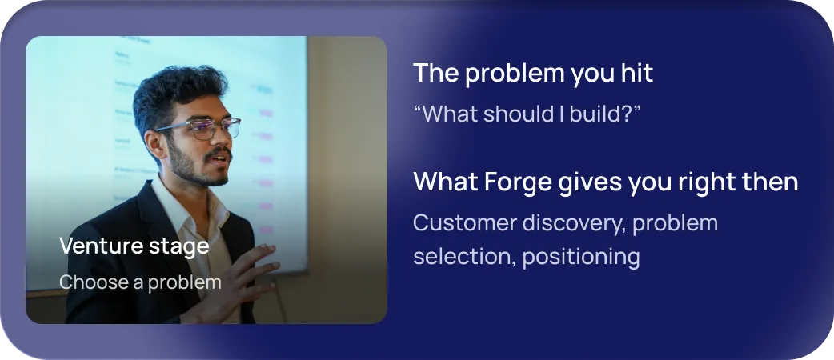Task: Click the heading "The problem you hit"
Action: tap(533, 74)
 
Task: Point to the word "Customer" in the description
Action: tap(465, 223)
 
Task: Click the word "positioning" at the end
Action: tap(581, 258)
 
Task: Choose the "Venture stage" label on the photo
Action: tap(134, 246)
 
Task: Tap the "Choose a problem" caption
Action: tap(140, 282)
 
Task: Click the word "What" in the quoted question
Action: tap(444, 114)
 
